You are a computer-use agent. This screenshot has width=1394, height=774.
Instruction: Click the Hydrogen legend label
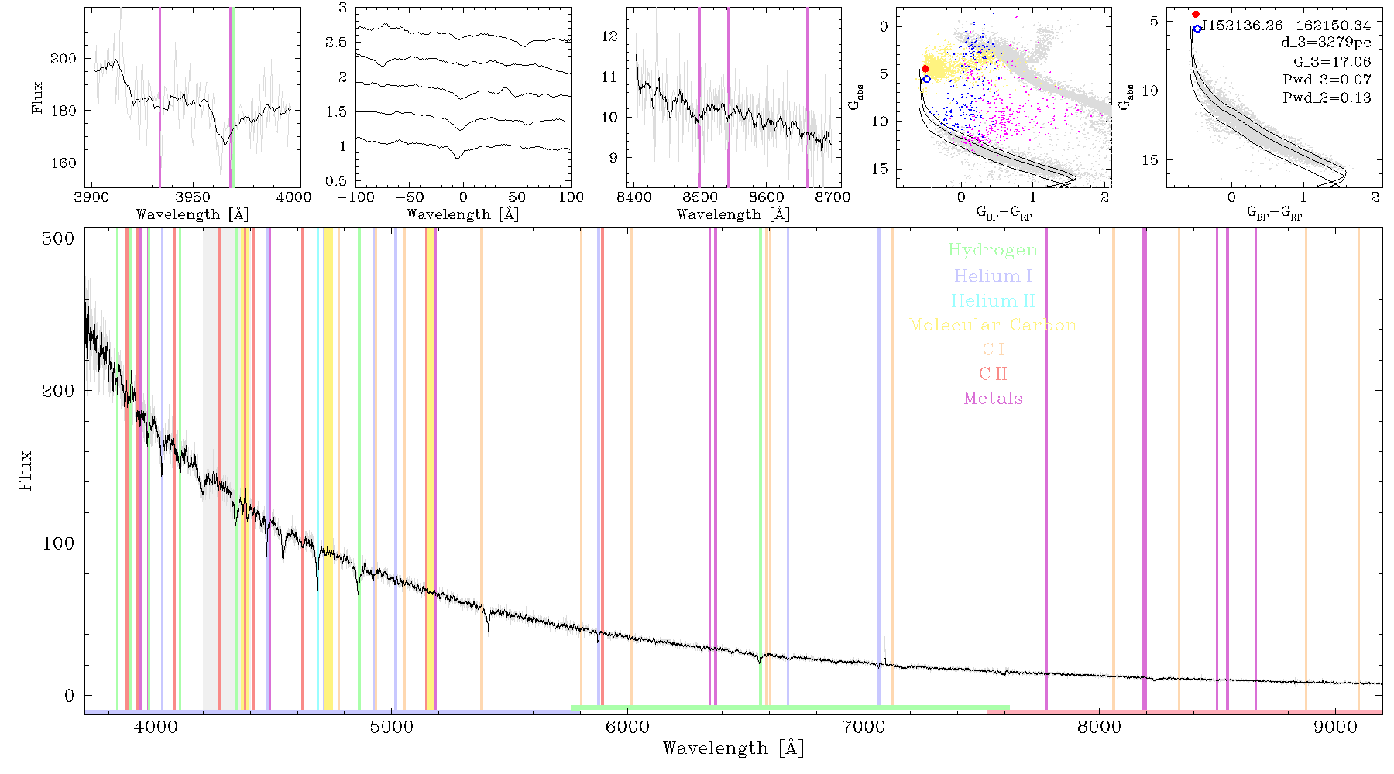click(x=992, y=250)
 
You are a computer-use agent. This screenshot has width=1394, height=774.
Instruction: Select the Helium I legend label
click(x=993, y=276)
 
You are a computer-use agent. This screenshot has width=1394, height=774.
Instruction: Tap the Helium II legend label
click(x=993, y=300)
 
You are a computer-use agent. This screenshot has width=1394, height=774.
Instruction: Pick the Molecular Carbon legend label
click(x=993, y=325)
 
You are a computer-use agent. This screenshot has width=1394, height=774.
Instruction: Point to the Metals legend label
click(x=994, y=399)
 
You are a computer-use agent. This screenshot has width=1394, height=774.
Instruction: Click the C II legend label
click(x=994, y=374)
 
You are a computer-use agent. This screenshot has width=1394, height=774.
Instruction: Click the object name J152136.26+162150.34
click(x=1286, y=26)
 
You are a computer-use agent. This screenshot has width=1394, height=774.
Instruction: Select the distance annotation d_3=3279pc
click(x=1326, y=43)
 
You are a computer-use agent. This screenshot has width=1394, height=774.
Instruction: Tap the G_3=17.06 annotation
click(x=1332, y=62)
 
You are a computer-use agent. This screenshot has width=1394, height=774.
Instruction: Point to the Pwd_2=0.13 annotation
click(x=1327, y=98)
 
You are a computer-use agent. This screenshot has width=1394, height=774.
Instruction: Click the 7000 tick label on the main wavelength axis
click(x=863, y=727)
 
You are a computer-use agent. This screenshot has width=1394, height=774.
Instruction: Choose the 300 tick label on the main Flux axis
click(x=58, y=238)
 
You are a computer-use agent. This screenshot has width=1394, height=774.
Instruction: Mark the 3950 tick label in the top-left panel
click(x=192, y=197)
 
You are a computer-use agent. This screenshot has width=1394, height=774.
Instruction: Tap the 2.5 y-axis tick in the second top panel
click(x=336, y=43)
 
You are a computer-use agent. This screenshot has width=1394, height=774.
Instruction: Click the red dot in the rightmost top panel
click(x=1196, y=15)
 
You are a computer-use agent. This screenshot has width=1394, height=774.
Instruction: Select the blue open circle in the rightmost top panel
click(x=1197, y=29)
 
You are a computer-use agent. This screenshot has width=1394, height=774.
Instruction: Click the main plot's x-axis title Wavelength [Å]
click(x=733, y=748)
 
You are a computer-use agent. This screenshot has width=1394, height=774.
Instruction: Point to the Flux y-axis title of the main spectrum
click(x=26, y=470)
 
